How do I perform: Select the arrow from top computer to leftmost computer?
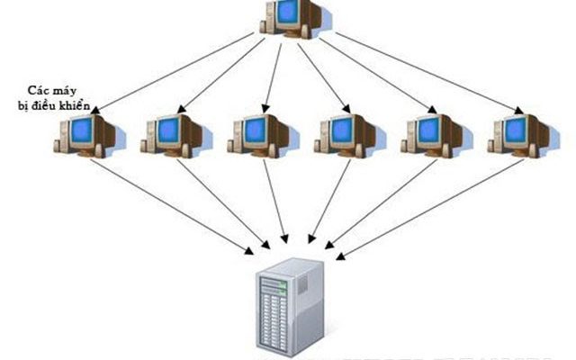(x=180, y=73)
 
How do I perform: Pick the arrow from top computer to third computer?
(x=273, y=76)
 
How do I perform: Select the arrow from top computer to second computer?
(x=225, y=76)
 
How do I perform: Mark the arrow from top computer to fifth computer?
(x=378, y=76)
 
